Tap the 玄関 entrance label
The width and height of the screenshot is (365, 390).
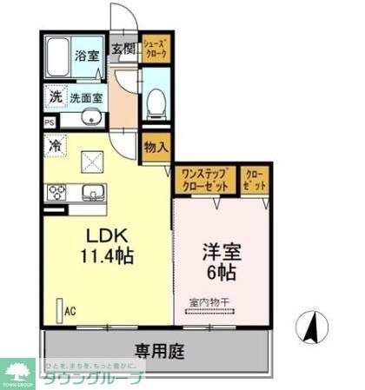pyautogui.click(x=123, y=50)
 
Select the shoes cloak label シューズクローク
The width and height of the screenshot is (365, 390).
pyautogui.click(x=156, y=49)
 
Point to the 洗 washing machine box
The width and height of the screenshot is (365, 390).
pyautogui.click(x=54, y=98)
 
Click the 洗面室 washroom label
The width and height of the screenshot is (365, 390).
pyautogui.click(x=85, y=98)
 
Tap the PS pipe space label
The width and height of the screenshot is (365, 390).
pyautogui.click(x=49, y=122)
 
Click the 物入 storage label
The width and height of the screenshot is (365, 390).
pyautogui.click(x=156, y=148)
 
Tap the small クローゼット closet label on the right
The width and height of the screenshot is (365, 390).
pyautogui.click(x=255, y=180)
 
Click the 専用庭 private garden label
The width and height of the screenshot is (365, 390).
pyautogui.click(x=156, y=351)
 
